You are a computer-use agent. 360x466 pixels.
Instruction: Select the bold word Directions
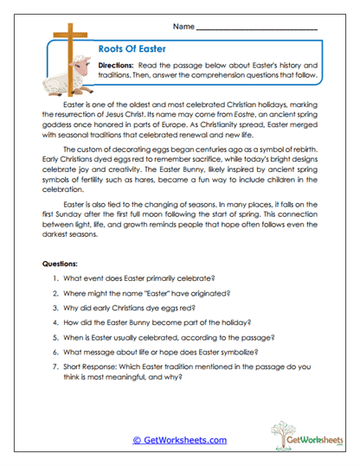click(115, 66)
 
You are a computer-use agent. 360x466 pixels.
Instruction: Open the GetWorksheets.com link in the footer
click(184, 440)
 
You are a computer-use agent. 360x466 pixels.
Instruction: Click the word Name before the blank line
click(183, 28)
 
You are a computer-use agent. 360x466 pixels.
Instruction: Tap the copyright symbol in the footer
click(137, 440)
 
